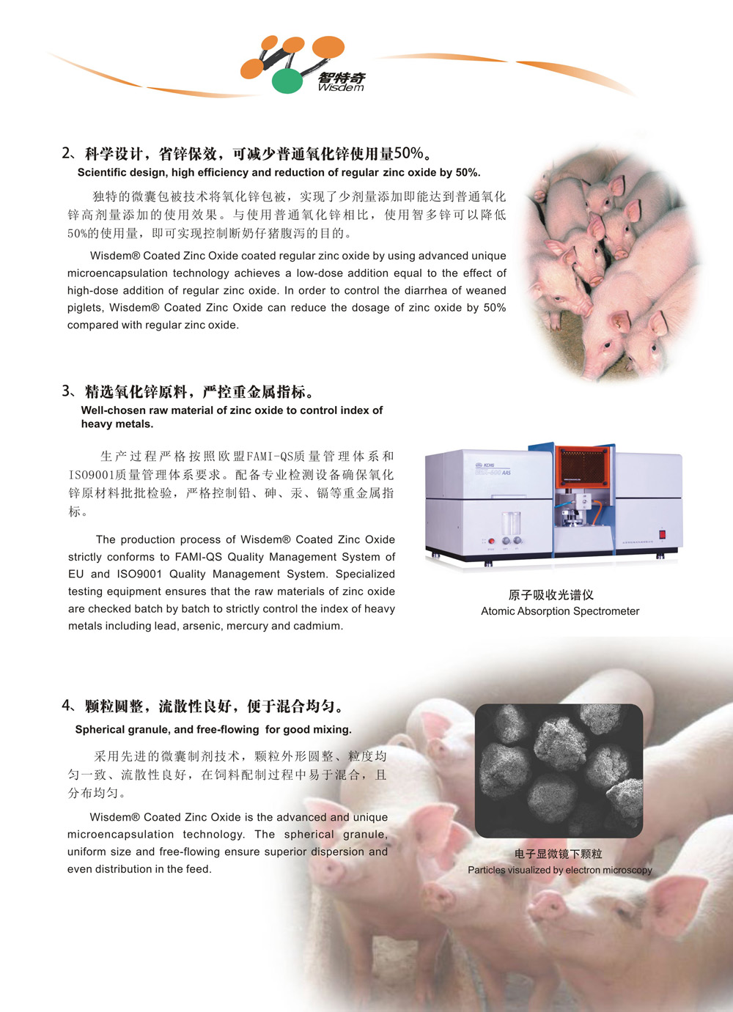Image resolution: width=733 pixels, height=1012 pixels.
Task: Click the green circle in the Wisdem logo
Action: pos(287,81)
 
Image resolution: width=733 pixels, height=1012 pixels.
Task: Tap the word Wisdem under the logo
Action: pos(341,87)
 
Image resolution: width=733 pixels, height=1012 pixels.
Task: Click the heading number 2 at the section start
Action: pos(66,153)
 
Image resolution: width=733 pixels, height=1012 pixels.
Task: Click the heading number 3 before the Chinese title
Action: pos(66,391)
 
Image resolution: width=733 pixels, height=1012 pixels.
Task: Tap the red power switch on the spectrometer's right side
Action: pos(663,535)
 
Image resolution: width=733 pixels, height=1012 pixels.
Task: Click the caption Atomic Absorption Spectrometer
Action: pos(560,611)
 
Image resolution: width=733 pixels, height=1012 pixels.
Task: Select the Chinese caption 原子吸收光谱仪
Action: pos(551,595)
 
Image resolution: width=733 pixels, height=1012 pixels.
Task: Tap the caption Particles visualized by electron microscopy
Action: pos(560,870)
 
